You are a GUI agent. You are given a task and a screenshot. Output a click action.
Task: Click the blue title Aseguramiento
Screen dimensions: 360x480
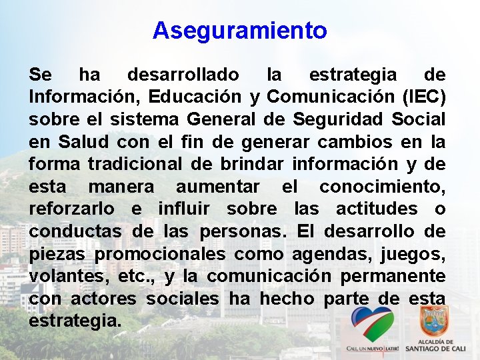click(239, 31)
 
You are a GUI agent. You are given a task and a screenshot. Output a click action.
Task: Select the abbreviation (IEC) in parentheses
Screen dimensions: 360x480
click(424, 97)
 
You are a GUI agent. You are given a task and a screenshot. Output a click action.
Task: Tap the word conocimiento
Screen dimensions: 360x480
click(383, 187)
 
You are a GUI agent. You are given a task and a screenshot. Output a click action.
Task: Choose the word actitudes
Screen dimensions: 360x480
click(377, 209)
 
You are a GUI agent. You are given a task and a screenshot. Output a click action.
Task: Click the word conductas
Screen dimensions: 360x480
click(75, 232)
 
